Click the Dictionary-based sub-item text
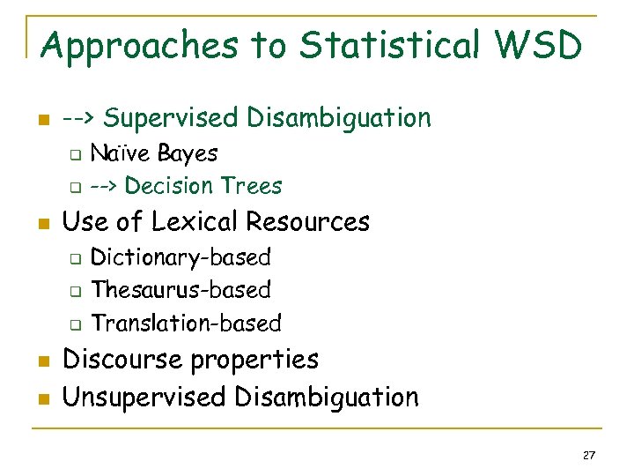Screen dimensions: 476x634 [x=181, y=257]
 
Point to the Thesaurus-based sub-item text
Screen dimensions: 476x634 [x=181, y=289]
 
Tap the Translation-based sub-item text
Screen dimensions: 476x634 [x=186, y=324]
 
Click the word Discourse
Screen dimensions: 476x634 [x=128, y=360]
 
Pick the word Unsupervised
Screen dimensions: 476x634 [x=144, y=398]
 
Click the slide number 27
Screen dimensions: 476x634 [x=589, y=455]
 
